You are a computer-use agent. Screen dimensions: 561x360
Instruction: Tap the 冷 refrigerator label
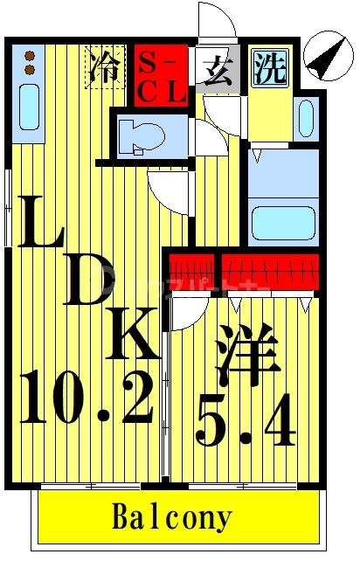104,68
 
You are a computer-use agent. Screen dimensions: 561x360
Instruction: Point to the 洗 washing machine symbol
270,67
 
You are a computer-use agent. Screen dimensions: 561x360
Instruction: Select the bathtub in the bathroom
283,221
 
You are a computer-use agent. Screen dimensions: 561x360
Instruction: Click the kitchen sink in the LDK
29,107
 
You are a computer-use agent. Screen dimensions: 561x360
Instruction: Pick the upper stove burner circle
29,54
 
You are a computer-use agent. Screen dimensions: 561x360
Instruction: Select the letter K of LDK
135,334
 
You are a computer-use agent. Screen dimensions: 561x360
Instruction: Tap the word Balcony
172,517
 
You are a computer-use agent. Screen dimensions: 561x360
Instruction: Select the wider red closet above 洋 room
269,271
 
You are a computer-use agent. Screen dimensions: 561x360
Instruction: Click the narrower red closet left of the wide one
190,271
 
